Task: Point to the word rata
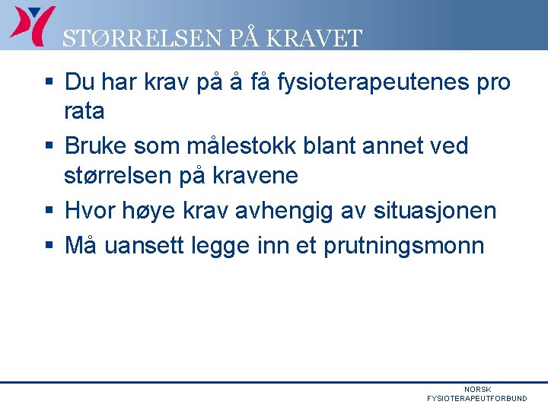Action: [x=84, y=112]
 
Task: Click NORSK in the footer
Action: [x=478, y=390]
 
